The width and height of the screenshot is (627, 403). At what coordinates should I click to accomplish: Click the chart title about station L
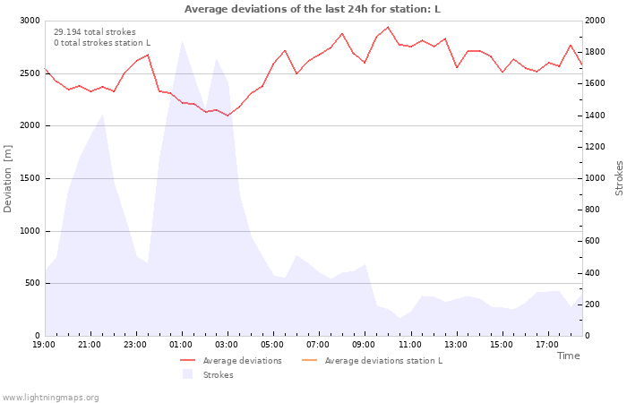pyautogui.click(x=313, y=9)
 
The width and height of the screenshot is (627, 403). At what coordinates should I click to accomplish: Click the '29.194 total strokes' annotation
pyautogui.click(x=95, y=32)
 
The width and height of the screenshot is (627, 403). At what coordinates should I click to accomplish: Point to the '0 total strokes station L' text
pyautogui.click(x=102, y=43)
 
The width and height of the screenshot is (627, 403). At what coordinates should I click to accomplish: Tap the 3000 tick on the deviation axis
pyautogui.click(x=30, y=21)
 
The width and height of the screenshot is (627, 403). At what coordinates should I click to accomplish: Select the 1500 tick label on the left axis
pyautogui.click(x=30, y=178)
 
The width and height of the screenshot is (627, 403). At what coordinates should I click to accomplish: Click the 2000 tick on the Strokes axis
pyautogui.click(x=595, y=21)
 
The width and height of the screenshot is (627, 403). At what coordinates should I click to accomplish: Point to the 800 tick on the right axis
pyautogui.click(x=593, y=210)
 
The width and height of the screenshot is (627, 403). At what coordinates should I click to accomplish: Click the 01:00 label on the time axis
pyautogui.click(x=181, y=345)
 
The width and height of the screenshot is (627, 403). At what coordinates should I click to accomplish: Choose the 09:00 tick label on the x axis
pyautogui.click(x=364, y=345)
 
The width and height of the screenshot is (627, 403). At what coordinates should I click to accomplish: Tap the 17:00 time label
pyautogui.click(x=547, y=345)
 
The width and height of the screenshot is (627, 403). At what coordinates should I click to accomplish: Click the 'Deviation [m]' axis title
pyautogui.click(x=7, y=179)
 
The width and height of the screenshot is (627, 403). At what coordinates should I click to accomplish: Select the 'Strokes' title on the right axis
pyautogui.click(x=619, y=178)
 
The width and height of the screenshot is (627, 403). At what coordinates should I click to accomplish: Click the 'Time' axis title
pyautogui.click(x=569, y=356)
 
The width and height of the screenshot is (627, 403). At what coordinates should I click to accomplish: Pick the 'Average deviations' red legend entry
pyautogui.click(x=231, y=361)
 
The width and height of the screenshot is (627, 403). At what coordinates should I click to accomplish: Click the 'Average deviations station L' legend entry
pyautogui.click(x=372, y=361)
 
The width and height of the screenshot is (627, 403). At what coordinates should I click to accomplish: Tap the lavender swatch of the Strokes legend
pyautogui.click(x=187, y=374)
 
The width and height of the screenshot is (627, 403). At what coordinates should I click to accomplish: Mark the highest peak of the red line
pyautogui.click(x=388, y=27)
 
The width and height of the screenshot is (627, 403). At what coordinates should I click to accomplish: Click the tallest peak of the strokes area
pyautogui.click(x=182, y=40)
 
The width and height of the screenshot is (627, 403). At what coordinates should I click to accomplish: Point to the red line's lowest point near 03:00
pyautogui.click(x=228, y=116)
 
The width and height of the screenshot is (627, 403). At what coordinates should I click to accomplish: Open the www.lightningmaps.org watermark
pyautogui.click(x=50, y=398)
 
